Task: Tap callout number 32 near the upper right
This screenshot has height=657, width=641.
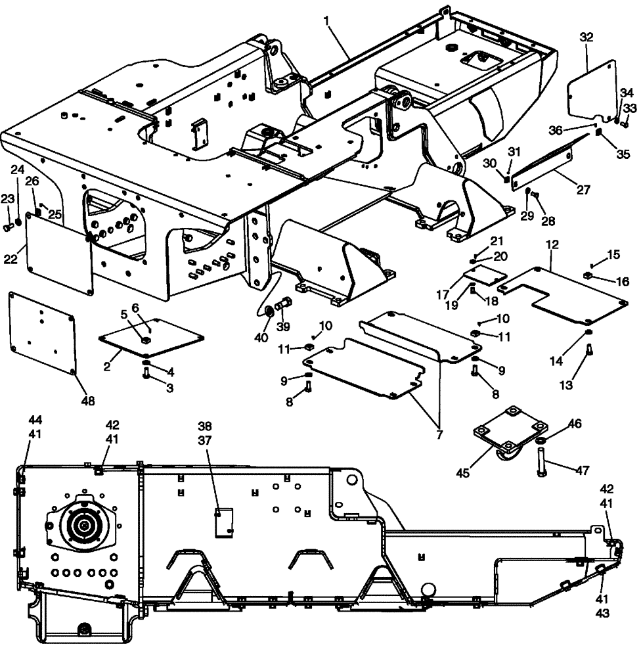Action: (x=586, y=38)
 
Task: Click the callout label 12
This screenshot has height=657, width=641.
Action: (x=552, y=244)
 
